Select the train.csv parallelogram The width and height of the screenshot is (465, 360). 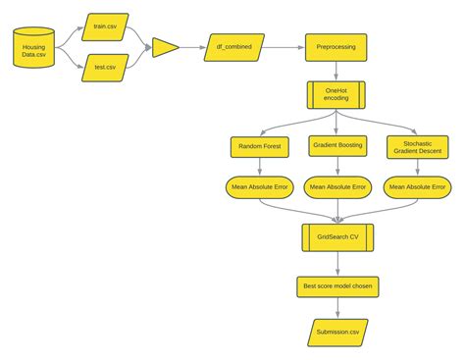coord(105,26)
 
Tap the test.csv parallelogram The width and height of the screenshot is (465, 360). coord(105,69)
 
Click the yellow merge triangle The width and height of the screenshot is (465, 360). coord(164,47)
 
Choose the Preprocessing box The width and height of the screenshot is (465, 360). coord(336,46)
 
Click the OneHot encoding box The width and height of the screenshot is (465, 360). coord(336,95)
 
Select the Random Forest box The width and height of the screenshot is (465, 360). coord(258,147)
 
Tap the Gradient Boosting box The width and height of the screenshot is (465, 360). coord(336,147)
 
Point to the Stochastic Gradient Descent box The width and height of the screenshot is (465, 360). coord(416,147)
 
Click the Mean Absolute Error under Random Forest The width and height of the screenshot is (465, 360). coord(258,186)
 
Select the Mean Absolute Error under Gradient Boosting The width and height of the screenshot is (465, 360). coord(336,186)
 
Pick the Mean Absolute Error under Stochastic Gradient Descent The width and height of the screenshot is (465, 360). coord(416,186)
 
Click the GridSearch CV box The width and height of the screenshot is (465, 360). coord(336,235)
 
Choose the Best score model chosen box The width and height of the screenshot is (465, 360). coord(336,286)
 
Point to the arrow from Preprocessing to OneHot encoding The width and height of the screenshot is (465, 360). coord(336,71)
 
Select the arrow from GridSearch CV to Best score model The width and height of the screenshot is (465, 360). coord(336,262)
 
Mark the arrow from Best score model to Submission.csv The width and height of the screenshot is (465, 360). coord(336,308)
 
